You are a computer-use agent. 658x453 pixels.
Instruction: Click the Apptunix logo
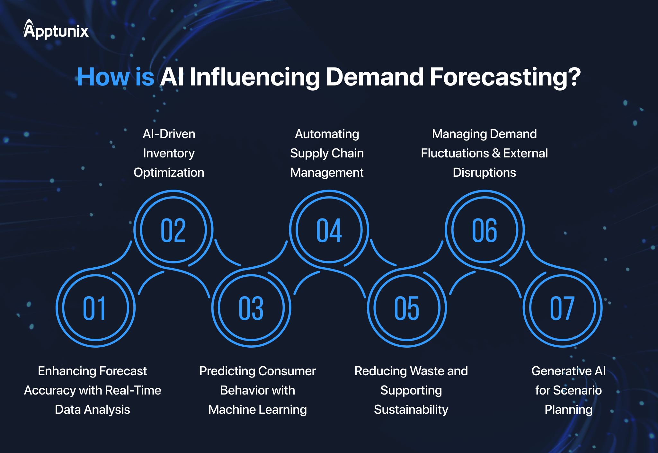(x=56, y=30)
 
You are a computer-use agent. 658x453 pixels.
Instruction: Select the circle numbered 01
(x=95, y=308)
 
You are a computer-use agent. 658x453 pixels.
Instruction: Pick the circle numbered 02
(x=173, y=230)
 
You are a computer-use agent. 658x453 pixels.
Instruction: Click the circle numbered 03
(x=251, y=308)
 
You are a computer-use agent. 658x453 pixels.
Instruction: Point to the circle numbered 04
(x=329, y=230)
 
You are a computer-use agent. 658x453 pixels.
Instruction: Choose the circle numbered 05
(x=407, y=308)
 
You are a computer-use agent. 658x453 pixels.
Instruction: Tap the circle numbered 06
(x=485, y=230)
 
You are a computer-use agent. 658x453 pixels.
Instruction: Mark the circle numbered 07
(x=562, y=308)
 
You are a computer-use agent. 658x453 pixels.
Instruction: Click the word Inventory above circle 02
(x=169, y=153)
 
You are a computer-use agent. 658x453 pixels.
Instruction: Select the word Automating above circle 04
(x=327, y=134)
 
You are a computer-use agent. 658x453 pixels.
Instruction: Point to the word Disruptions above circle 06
(x=484, y=173)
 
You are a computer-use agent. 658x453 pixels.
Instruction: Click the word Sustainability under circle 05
(x=411, y=410)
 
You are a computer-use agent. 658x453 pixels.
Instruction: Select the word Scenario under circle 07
(x=577, y=390)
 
